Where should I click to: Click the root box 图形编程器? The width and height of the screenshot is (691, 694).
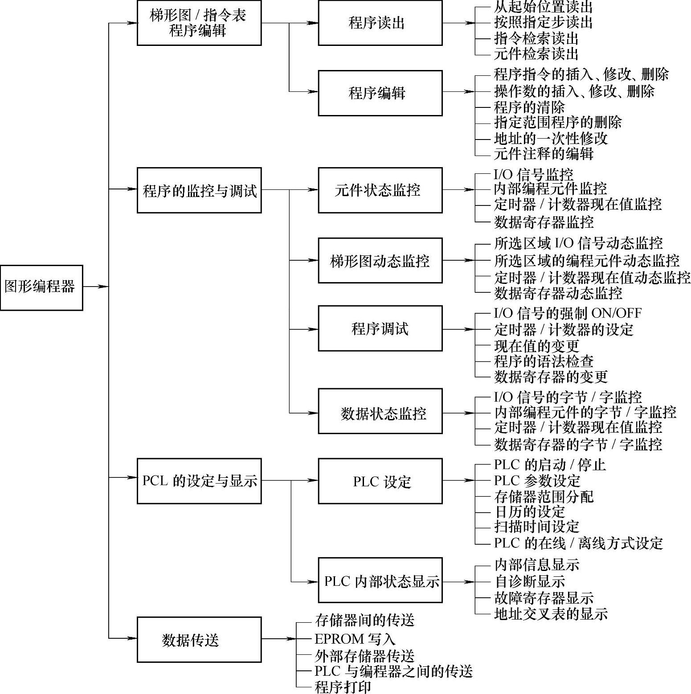click(x=41, y=287)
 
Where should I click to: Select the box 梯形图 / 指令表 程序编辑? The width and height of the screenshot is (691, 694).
click(x=199, y=23)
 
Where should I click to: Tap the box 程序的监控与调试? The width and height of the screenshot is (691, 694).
click(x=199, y=190)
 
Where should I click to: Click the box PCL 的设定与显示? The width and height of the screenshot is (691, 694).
click(x=199, y=481)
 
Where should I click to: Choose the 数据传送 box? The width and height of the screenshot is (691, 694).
click(x=199, y=640)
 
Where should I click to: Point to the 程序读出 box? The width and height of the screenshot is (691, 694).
click(x=380, y=23)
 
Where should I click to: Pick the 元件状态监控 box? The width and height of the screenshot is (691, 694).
click(x=380, y=190)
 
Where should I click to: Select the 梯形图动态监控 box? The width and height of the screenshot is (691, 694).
click(x=380, y=260)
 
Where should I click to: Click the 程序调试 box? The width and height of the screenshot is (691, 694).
click(x=380, y=329)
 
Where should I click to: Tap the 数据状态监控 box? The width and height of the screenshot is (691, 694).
click(x=380, y=411)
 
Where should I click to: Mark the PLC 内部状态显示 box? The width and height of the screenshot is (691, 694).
click(x=380, y=580)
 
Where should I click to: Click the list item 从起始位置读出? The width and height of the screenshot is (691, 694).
click(x=543, y=7)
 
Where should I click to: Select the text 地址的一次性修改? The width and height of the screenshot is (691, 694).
click(x=551, y=138)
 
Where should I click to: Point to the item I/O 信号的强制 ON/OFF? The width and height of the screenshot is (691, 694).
click(x=568, y=313)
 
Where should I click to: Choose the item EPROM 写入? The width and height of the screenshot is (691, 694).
click(x=355, y=639)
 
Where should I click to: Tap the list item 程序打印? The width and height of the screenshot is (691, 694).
click(x=343, y=687)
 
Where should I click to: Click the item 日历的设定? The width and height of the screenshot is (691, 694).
click(x=529, y=512)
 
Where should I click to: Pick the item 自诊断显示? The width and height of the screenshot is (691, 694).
click(x=529, y=581)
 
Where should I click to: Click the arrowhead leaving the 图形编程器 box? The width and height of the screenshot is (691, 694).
click(x=103, y=287)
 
